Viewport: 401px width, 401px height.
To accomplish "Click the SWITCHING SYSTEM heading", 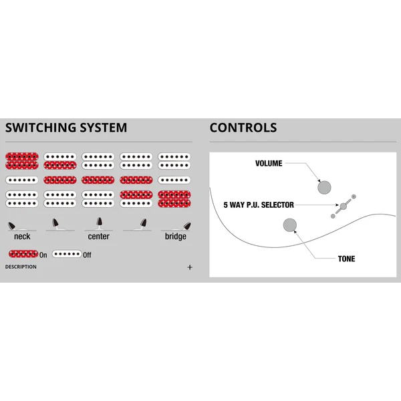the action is pos(66,128).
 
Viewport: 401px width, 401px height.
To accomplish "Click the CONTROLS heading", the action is pos(243,128).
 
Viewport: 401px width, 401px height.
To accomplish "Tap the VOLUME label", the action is pos(269,164).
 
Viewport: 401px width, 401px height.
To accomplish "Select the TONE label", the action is pos(346,259).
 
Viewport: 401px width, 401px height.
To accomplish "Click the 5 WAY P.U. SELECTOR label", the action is pos(259,205).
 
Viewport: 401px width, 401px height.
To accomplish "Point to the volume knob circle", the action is pos(324,187).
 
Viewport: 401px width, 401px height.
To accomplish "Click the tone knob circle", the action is pos(290,225).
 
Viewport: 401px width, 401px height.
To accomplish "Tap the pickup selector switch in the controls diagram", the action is pos(344,206).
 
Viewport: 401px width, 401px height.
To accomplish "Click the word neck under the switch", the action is pos(22,237).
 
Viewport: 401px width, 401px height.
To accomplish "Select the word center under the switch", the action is pos(99,237).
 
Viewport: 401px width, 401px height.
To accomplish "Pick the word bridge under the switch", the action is pos(175,237).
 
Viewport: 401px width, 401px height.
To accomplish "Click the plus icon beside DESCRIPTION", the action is pos(190,267).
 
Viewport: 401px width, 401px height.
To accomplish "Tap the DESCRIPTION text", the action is pos(21,267).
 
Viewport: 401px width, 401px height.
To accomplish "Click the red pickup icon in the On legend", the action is pos(23,254).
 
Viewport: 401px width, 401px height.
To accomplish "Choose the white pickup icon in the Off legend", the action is pos(67,254).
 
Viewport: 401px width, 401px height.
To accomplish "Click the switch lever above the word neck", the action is pos(11,226).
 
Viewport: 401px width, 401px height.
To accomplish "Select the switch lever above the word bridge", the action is pos(187,226).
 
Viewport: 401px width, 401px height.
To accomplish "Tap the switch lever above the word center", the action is pos(100,222).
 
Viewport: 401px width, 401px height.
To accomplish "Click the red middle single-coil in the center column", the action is pos(98,180).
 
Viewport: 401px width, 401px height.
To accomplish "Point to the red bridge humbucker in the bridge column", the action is pos(174,199).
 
